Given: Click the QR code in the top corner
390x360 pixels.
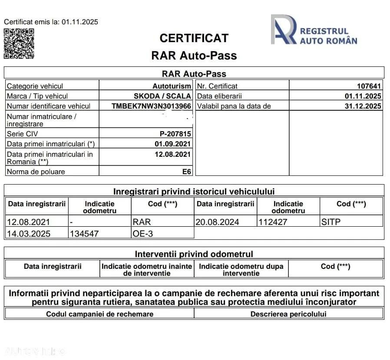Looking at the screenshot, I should click(19, 43).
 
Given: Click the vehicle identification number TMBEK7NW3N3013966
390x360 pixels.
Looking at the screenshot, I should click(151, 106).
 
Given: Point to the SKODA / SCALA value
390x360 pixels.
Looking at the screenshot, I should click(162, 96).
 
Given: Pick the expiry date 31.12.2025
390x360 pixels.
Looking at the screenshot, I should click(363, 106).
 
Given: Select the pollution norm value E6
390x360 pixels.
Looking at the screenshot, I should click(186, 172).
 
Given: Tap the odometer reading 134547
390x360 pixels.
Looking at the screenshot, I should click(84, 234).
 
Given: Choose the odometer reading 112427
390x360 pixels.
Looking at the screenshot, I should click(273, 222).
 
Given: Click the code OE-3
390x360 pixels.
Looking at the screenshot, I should click(143, 234).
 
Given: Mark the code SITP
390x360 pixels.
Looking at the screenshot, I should click(331, 222).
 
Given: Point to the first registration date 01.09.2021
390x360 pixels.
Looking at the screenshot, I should click(172, 144).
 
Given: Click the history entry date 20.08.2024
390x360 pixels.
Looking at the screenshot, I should click(217, 222).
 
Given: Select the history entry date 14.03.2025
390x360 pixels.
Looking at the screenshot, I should click(29, 234).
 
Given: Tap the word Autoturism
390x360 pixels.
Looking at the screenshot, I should click(172, 86).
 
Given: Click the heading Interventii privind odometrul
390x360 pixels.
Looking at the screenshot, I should click(194, 254).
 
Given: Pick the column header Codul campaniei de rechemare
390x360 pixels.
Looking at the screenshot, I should click(99, 314).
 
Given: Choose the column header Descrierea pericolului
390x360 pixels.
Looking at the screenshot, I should click(288, 314).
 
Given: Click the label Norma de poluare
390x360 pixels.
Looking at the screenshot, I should click(36, 172).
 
